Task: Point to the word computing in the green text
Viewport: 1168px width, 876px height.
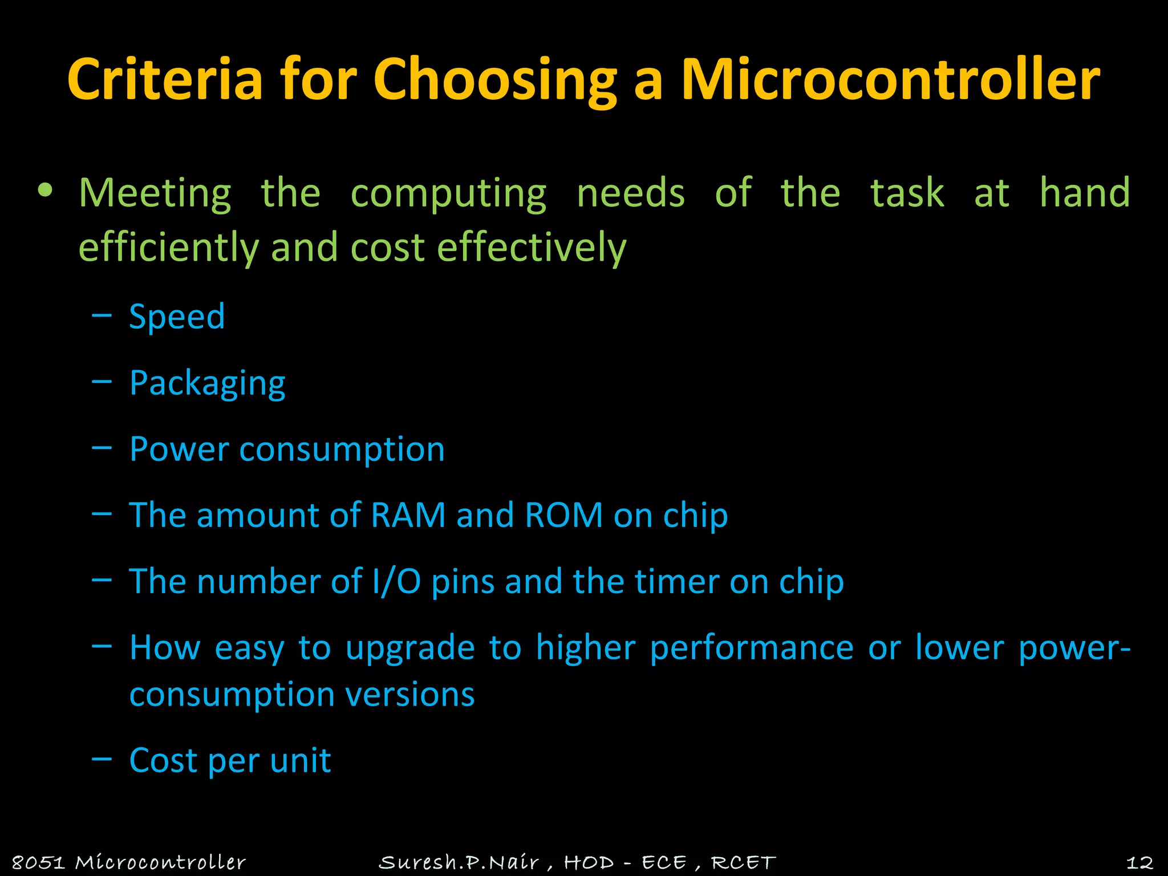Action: (x=448, y=193)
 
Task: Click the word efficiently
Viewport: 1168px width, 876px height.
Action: (x=169, y=248)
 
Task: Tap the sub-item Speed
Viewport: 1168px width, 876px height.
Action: (x=177, y=317)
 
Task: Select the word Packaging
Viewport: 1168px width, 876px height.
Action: (x=207, y=383)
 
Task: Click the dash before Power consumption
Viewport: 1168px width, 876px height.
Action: (x=102, y=448)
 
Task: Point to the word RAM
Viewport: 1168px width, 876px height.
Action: (x=408, y=515)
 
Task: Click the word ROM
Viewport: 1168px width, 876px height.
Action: (x=563, y=515)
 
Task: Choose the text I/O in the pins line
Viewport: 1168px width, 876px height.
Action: (x=396, y=581)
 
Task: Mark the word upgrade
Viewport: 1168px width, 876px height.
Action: (x=410, y=648)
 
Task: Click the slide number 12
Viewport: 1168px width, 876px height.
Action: (x=1139, y=862)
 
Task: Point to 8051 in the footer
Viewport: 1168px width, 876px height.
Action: (x=38, y=862)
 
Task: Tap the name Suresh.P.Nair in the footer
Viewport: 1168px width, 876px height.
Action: (x=459, y=862)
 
